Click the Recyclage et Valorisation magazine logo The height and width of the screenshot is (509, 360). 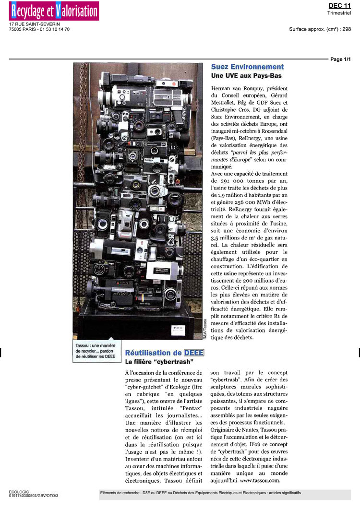(54, 11)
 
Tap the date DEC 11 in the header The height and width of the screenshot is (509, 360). (339, 5)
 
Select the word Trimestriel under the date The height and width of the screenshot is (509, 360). (339, 13)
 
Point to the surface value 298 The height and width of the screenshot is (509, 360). (347, 29)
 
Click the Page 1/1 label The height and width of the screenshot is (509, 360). (341, 59)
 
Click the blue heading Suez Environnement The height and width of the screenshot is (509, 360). (247, 67)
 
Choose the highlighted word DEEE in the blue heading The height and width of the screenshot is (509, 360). (194, 353)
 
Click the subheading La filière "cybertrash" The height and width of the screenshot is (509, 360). (159, 361)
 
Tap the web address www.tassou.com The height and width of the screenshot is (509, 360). (260, 480)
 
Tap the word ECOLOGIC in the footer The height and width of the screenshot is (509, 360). (19, 492)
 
